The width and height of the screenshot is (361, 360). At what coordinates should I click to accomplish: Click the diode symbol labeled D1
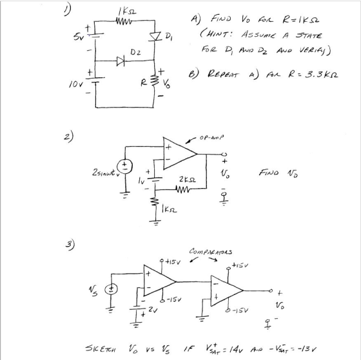click(x=155, y=37)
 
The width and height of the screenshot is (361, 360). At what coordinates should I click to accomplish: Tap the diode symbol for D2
click(x=121, y=61)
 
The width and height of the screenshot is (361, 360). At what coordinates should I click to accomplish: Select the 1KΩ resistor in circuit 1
click(x=124, y=21)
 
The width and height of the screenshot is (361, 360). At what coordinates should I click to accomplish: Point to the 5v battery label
click(x=77, y=37)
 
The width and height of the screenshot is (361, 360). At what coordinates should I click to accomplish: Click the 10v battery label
click(x=75, y=85)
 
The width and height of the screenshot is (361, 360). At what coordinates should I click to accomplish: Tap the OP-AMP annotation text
click(x=211, y=138)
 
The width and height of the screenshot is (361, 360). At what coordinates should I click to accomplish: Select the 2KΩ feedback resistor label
click(x=188, y=180)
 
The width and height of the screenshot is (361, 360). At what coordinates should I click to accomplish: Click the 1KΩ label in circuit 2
click(x=170, y=209)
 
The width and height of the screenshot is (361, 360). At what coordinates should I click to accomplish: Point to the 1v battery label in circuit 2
click(x=141, y=181)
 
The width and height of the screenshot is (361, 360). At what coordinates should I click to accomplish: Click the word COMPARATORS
click(x=211, y=251)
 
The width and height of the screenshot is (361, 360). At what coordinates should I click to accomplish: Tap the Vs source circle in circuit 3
click(x=111, y=289)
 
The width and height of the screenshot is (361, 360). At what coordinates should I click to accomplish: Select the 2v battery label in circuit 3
click(x=153, y=310)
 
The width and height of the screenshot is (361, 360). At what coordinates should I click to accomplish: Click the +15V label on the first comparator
click(x=173, y=261)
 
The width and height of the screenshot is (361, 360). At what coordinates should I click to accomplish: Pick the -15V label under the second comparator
click(x=240, y=310)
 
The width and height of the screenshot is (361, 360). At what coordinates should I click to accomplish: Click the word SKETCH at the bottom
click(x=101, y=349)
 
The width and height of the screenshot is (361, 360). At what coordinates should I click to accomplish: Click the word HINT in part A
click(x=219, y=35)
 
